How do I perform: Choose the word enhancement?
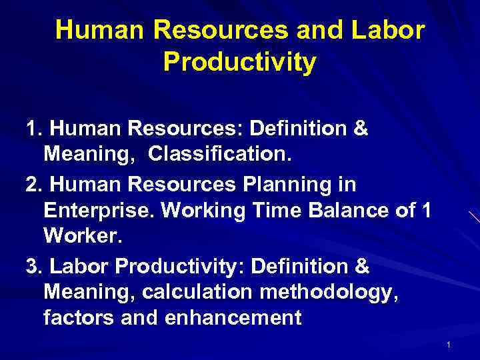pos(221,318)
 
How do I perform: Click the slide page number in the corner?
pos(449,345)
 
